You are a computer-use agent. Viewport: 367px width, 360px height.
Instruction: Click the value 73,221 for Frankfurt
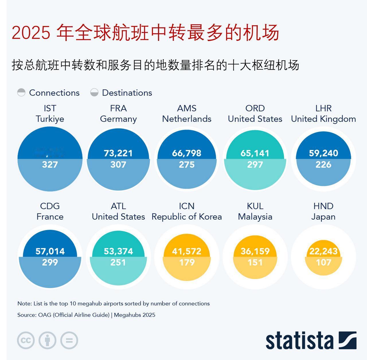click(118, 153)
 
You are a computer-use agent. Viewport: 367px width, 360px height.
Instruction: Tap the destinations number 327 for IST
click(50, 165)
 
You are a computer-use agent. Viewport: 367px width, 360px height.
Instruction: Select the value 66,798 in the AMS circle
click(187, 153)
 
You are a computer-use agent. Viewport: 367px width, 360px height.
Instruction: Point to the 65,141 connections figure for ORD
click(255, 153)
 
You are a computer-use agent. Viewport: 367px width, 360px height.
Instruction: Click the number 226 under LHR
click(323, 165)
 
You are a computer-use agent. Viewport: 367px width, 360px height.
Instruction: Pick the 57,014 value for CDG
click(50, 251)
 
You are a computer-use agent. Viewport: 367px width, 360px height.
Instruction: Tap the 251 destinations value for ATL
click(118, 262)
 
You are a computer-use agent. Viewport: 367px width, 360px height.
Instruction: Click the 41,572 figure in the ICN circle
click(187, 251)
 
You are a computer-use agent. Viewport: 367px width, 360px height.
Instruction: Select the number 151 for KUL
click(255, 262)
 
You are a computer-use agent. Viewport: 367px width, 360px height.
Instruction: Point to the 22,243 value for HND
click(323, 251)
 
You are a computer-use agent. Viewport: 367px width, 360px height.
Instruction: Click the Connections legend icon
click(21, 93)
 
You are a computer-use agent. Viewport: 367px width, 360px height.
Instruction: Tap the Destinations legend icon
click(94, 93)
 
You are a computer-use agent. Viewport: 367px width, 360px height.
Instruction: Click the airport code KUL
click(255, 206)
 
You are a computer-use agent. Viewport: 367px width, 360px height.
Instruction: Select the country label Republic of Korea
click(187, 217)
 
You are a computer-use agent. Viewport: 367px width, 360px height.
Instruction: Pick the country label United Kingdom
click(323, 119)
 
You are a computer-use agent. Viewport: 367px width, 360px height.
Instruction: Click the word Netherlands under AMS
click(187, 119)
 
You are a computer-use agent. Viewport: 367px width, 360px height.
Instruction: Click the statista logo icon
click(348, 341)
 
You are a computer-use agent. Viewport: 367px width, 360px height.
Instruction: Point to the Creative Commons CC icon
click(26, 341)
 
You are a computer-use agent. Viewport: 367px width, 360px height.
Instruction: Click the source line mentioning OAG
click(86, 315)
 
